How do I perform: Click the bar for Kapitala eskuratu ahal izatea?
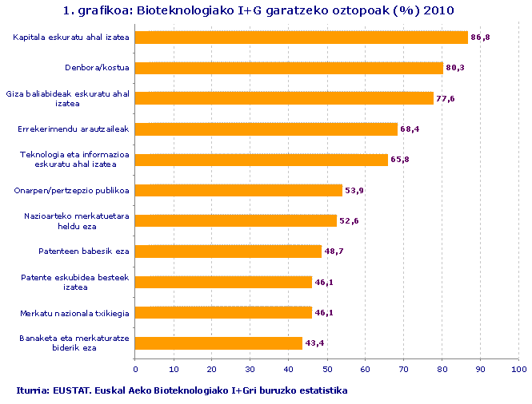[302, 38]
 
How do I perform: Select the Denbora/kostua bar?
[289, 68]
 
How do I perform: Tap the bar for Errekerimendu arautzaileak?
[266, 129]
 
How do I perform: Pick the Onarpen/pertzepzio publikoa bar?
[238, 190]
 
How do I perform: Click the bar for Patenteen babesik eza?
[228, 252]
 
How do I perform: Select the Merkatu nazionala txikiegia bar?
[223, 312]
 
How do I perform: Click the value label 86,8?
[481, 38]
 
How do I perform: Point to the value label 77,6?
[446, 99]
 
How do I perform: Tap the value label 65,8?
[400, 160]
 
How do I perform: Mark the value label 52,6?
[349, 221]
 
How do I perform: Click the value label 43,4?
[314, 343]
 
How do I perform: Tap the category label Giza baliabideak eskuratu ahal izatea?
[68, 98]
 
